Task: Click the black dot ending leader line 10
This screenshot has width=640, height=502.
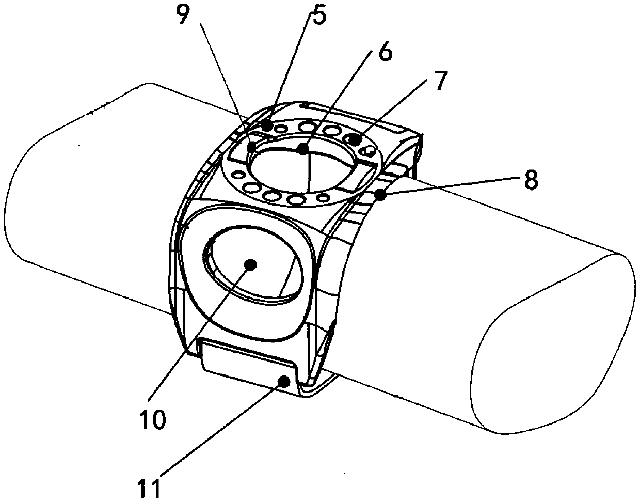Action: (x=251, y=264)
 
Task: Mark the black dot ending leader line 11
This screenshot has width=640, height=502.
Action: (x=284, y=381)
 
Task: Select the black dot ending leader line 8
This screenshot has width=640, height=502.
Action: (x=380, y=195)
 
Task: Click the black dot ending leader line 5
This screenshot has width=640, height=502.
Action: (x=267, y=125)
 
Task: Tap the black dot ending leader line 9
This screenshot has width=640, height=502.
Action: (x=252, y=147)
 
